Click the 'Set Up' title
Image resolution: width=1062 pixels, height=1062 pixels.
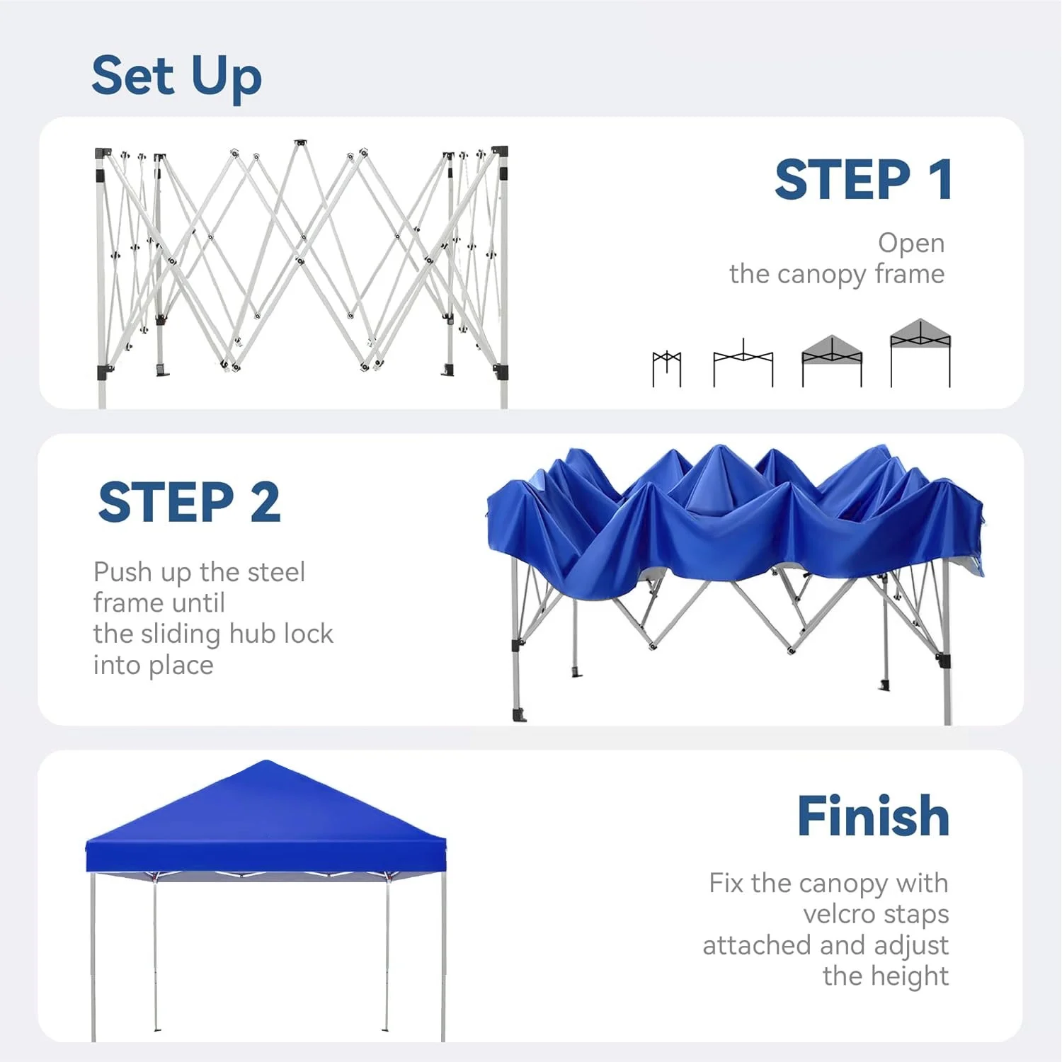click(x=176, y=76)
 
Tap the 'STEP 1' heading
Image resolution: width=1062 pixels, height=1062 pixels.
click(x=863, y=180)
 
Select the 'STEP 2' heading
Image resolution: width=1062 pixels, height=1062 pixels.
click(x=189, y=503)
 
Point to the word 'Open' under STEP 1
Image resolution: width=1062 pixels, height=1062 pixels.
click(x=910, y=244)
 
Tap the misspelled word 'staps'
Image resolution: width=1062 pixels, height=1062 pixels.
click(x=916, y=914)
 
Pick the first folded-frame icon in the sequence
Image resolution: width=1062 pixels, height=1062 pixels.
click(x=666, y=368)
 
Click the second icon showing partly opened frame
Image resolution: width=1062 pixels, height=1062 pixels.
click(x=743, y=364)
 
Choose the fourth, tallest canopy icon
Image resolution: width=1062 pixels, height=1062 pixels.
click(x=920, y=353)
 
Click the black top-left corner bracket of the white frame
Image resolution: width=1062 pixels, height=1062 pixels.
click(x=103, y=153)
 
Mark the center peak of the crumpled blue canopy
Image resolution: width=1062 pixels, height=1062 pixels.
click(x=719, y=450)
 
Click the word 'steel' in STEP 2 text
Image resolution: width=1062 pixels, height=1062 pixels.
click(x=277, y=572)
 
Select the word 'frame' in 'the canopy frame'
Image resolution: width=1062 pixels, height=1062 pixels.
click(x=909, y=274)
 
